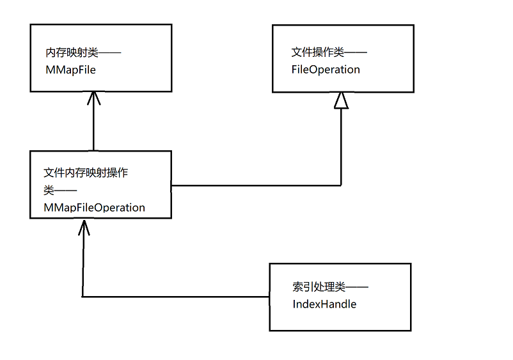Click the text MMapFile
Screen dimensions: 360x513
click(x=70, y=70)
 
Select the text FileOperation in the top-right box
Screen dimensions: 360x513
click(x=326, y=69)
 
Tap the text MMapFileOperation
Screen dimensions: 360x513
click(x=94, y=208)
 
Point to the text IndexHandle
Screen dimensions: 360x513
click(x=324, y=304)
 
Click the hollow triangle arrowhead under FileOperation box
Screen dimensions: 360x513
click(x=341, y=100)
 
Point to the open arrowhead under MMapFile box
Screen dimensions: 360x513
click(x=94, y=97)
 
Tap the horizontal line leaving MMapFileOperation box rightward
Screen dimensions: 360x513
click(x=256, y=185)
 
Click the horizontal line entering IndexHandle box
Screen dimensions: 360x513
click(x=176, y=297)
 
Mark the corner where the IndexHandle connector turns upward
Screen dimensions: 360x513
click(x=83, y=297)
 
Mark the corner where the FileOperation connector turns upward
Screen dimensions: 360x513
click(x=341, y=185)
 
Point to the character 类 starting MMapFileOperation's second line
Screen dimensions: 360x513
click(x=49, y=191)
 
